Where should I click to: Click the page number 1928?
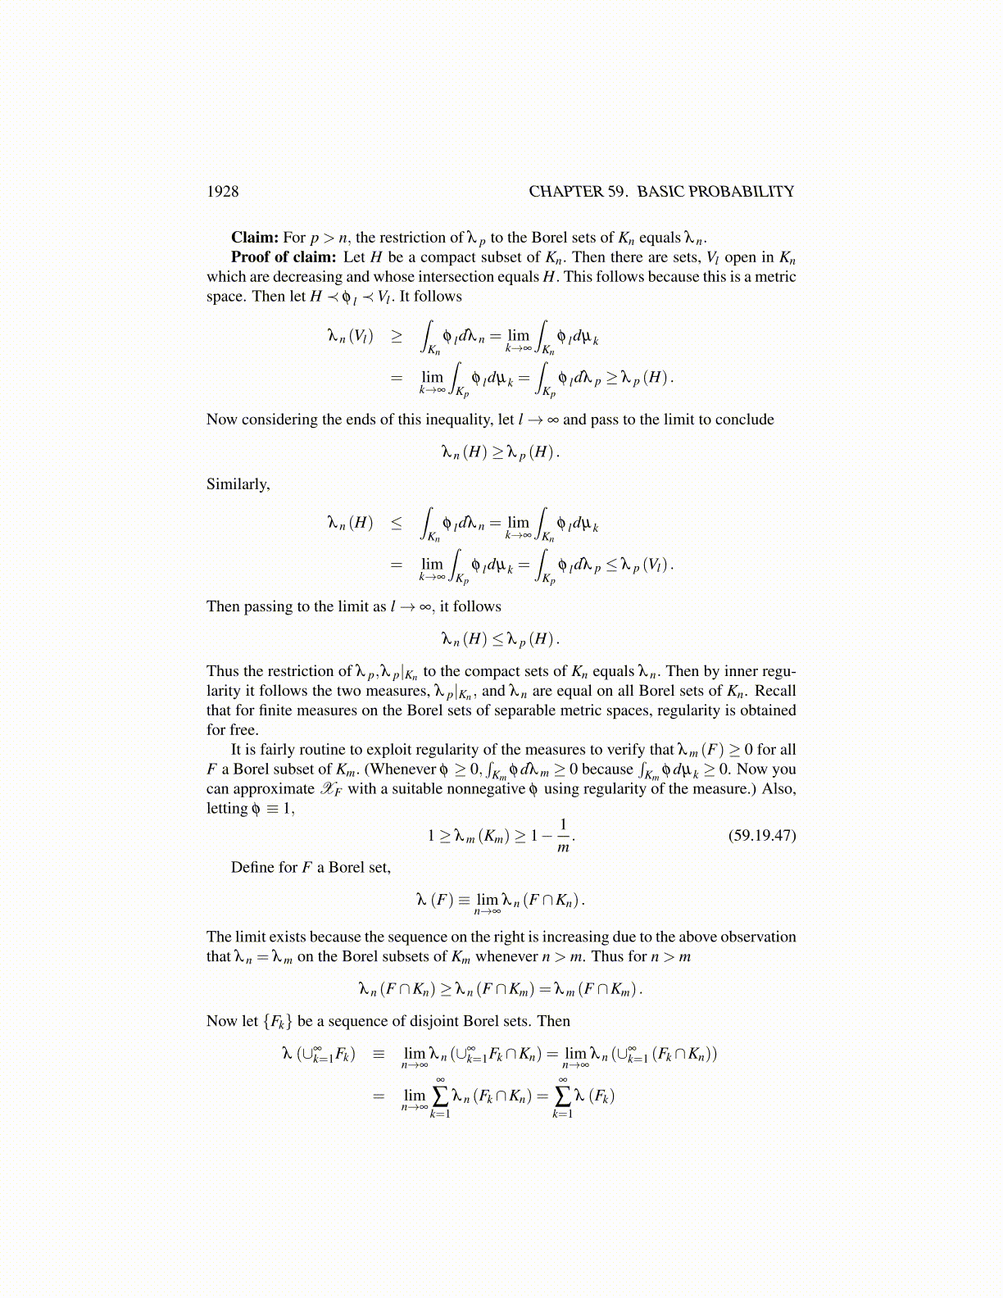[222, 192]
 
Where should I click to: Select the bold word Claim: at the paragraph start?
[255, 238]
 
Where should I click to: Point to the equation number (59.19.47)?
[761, 835]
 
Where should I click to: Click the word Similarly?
[238, 484]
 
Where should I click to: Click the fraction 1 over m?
[563, 835]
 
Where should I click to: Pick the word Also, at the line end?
[778, 789]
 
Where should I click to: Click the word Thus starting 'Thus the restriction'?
[223, 671]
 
